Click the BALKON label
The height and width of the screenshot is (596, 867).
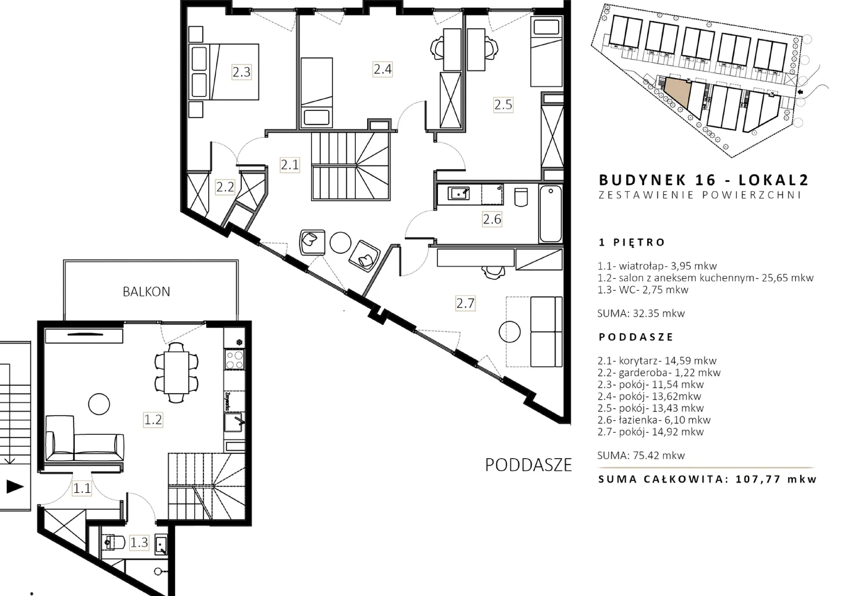click(x=146, y=292)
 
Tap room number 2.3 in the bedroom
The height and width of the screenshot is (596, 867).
click(x=242, y=72)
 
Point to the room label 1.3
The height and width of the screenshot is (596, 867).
click(x=139, y=542)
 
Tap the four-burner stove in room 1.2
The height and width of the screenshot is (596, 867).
click(x=235, y=359)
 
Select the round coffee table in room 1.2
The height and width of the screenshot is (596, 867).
click(x=99, y=404)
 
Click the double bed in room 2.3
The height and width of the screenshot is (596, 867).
click(x=224, y=72)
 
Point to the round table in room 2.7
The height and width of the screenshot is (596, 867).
click(x=509, y=332)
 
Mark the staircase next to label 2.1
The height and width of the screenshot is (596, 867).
click(x=351, y=166)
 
